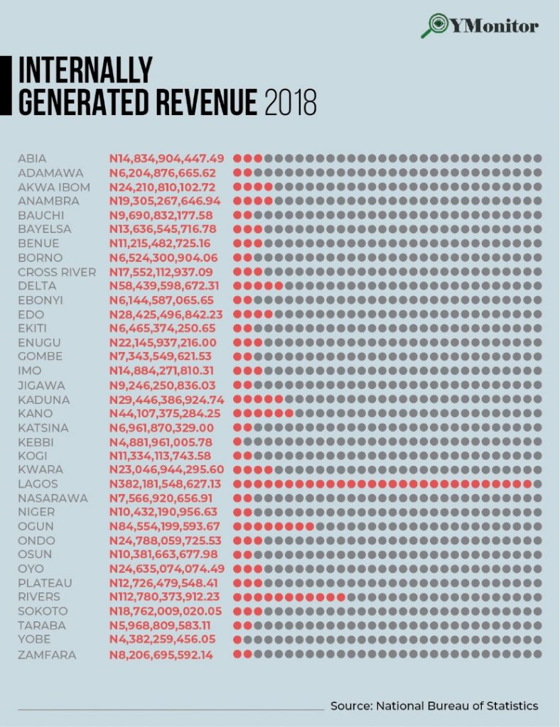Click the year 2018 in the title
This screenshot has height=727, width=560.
pos(290,103)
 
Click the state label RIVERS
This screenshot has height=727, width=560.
pos(40,597)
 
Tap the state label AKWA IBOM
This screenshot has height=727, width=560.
pos(54,187)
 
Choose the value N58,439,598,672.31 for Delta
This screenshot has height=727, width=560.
pos(165,286)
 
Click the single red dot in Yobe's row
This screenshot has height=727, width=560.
pos(237,640)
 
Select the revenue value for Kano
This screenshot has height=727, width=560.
pos(165,413)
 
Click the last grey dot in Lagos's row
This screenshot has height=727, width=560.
pos(538,484)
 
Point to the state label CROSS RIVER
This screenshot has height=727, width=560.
pos(57,272)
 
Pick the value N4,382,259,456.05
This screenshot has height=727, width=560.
pos(162,640)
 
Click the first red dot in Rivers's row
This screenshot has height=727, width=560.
pos(237,597)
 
